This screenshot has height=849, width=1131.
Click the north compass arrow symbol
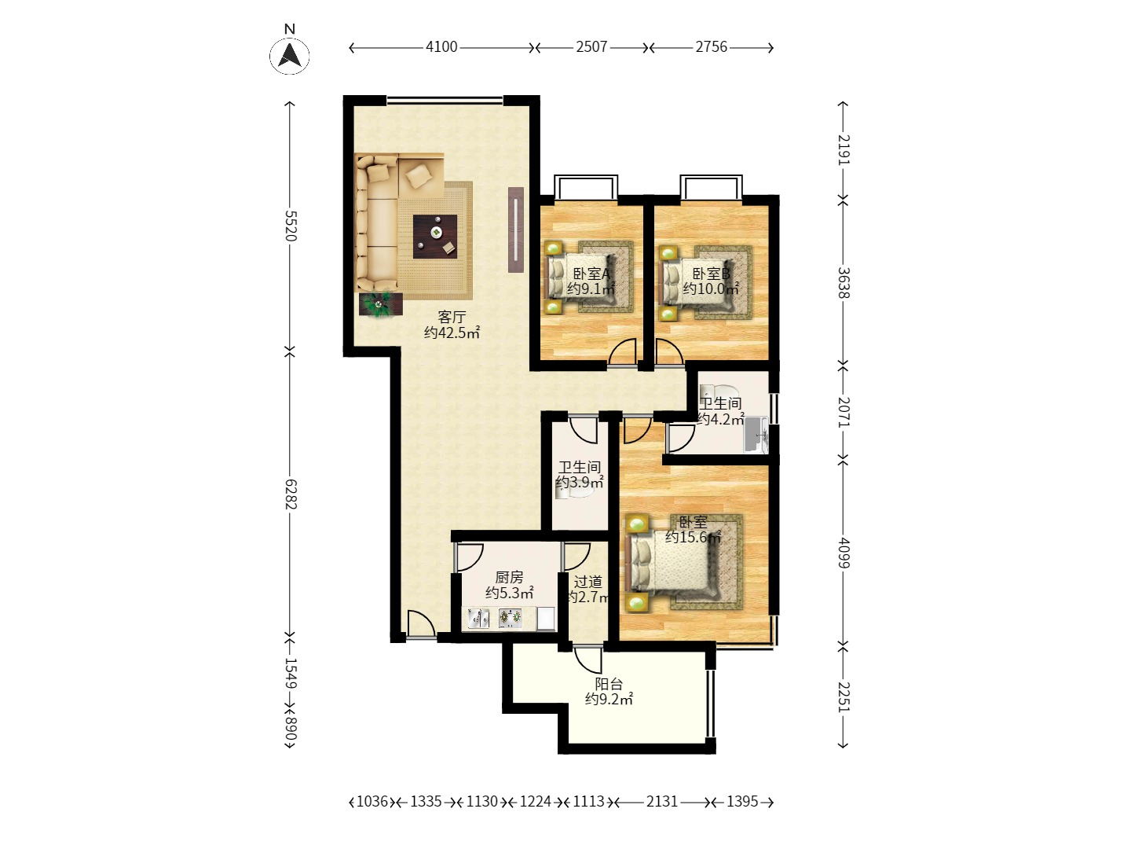(x=290, y=56)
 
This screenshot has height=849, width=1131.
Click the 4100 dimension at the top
(x=441, y=47)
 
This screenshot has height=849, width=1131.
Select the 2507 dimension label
(x=591, y=47)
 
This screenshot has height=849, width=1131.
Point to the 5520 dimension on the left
(x=291, y=226)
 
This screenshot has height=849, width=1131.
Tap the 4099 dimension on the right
(x=843, y=553)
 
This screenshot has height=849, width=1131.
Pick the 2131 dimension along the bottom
(x=662, y=801)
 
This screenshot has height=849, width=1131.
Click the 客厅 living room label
(x=452, y=317)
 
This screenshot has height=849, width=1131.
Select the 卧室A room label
(x=591, y=273)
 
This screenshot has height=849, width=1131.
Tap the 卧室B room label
(x=711, y=274)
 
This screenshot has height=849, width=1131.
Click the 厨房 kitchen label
(x=509, y=577)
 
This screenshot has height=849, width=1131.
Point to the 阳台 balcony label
(x=609, y=684)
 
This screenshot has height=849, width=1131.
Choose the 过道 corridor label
(x=588, y=582)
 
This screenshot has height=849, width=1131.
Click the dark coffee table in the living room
(x=435, y=237)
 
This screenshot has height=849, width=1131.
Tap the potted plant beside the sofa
(x=381, y=305)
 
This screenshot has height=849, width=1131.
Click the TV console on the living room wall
(x=516, y=230)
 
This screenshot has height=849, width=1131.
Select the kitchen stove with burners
(x=510, y=618)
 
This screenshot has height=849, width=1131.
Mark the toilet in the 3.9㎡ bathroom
(x=574, y=493)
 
